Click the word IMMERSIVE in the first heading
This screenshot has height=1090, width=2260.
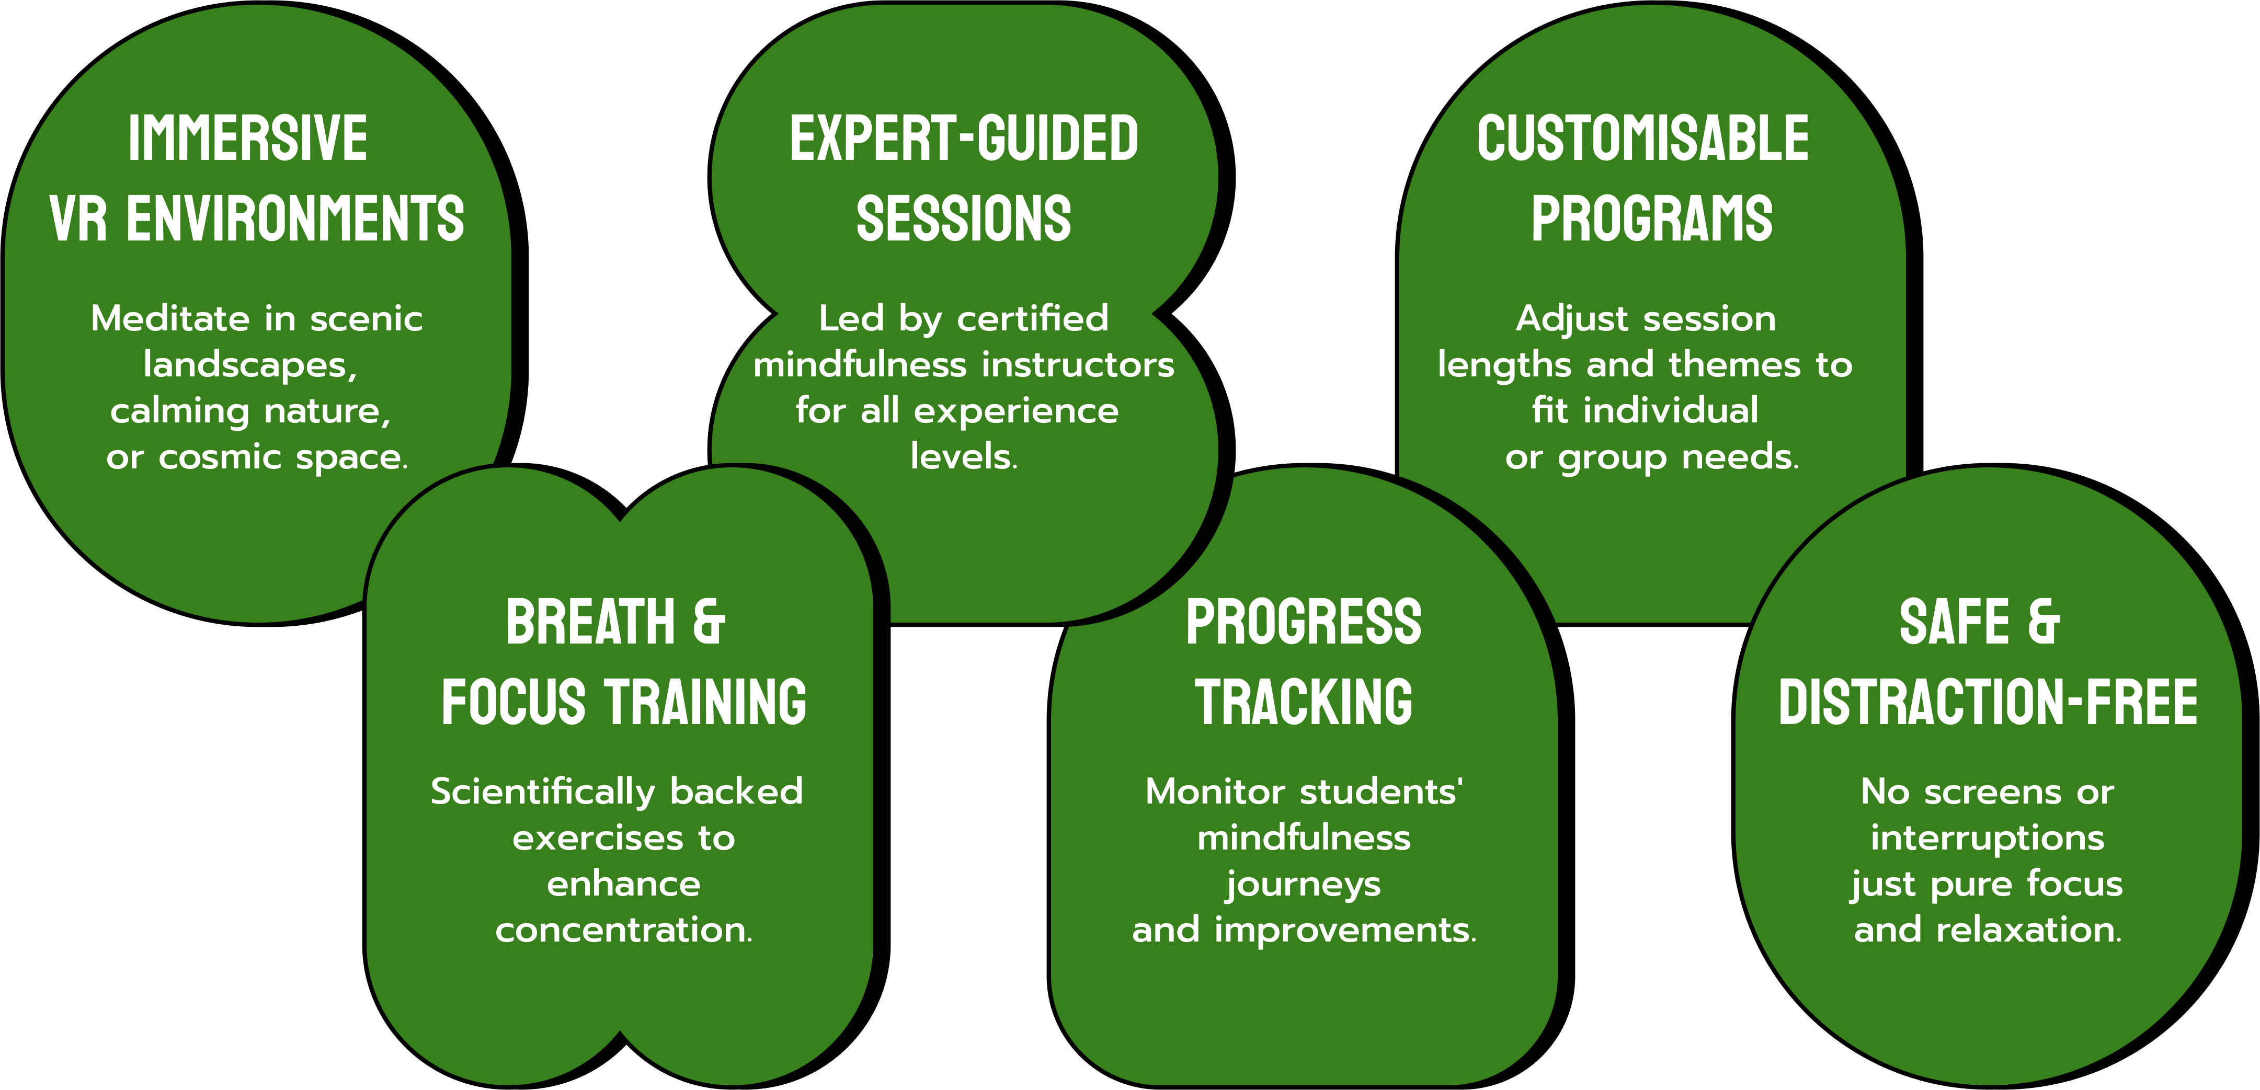(x=247, y=139)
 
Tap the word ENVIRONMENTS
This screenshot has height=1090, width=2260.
(x=295, y=219)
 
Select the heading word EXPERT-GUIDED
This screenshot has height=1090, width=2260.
(x=964, y=139)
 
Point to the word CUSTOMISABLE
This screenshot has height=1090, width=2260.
(x=1643, y=139)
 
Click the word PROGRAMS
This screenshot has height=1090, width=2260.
(x=1652, y=219)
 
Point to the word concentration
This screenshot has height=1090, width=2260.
(x=624, y=930)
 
